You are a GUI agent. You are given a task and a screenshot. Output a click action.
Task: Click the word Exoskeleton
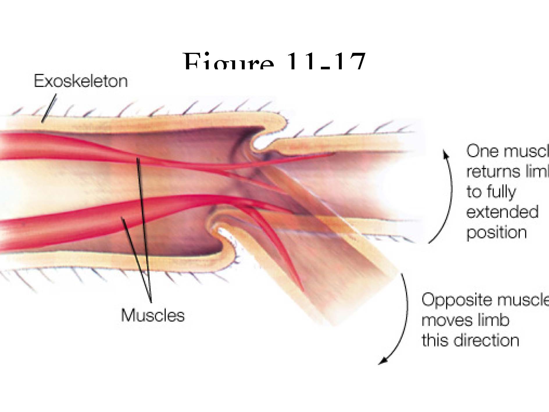pyautogui.click(x=81, y=81)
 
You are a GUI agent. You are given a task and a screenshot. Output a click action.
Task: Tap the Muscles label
pyautogui.click(x=153, y=315)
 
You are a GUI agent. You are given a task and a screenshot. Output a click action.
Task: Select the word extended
pyautogui.click(x=502, y=212)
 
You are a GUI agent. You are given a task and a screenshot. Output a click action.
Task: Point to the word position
pyautogui.click(x=497, y=232)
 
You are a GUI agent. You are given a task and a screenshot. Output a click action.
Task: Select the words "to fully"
pyautogui.click(x=491, y=192)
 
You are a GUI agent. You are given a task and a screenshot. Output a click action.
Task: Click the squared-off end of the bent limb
pyautogui.click(x=363, y=299)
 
